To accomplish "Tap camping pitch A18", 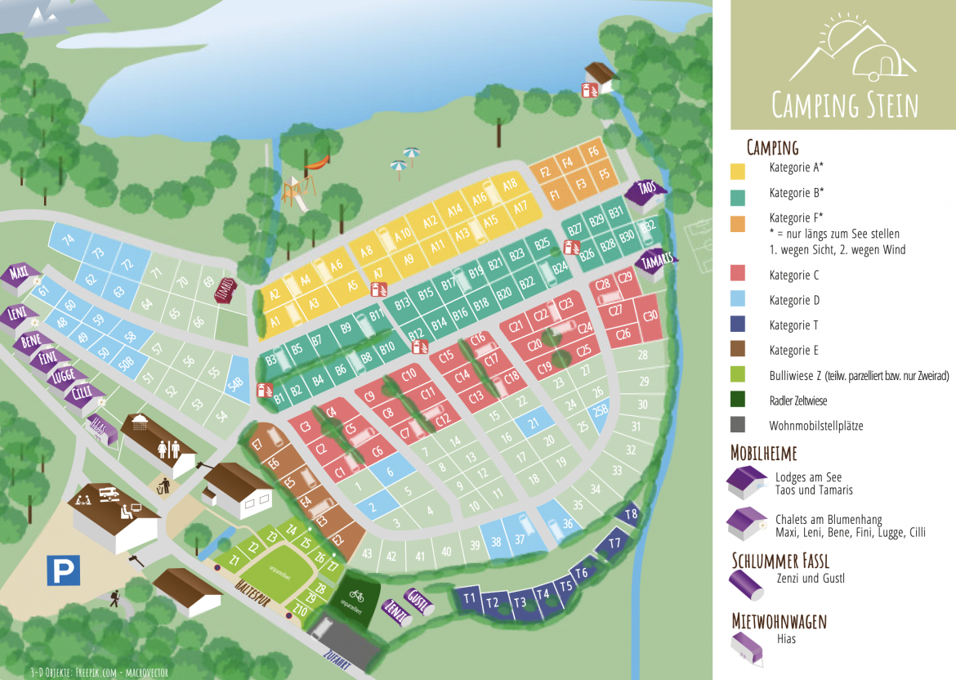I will [x=511, y=184].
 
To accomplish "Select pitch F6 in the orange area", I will [x=594, y=151].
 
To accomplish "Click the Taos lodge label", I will [x=647, y=190].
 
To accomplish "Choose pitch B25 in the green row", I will [x=542, y=244].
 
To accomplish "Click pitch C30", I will [x=650, y=315].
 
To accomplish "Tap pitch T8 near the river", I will [x=631, y=514].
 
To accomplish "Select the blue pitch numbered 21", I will [x=534, y=423].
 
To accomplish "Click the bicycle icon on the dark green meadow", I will [x=356, y=595].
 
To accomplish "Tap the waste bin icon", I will [x=164, y=485].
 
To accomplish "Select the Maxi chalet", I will [x=21, y=272].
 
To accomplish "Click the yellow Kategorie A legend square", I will [x=739, y=169].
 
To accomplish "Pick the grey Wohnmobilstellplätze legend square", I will [x=739, y=425].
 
